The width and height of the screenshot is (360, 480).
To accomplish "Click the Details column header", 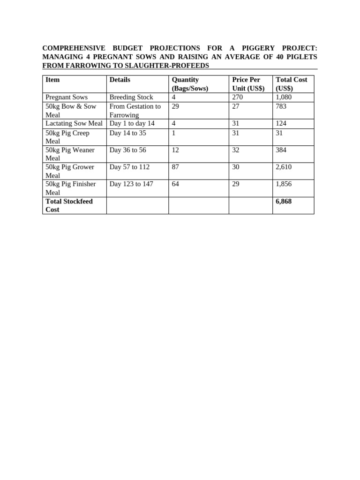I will [120, 80].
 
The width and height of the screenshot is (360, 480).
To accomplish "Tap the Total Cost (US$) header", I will [291, 84].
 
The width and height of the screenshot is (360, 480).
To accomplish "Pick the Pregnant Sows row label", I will [67, 97].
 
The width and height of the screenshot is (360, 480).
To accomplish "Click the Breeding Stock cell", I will [131, 97].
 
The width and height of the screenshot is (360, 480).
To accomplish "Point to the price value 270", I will [238, 97].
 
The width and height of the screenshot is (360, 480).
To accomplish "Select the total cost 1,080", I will [284, 97].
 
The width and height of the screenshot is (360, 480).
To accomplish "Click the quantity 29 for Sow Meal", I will [175, 106].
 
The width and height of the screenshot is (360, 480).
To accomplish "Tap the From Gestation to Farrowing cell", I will [135, 111].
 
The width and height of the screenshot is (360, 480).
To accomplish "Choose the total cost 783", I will [281, 106].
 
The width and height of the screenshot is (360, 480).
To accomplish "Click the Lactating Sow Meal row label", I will [74, 124].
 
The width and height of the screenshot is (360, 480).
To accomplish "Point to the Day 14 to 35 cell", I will [127, 133].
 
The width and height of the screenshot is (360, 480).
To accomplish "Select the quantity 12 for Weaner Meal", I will [175, 150].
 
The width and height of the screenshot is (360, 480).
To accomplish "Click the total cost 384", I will [281, 150].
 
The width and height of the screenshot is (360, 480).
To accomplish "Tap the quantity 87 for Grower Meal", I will [175, 167].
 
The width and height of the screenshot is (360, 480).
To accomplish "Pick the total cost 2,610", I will [284, 167].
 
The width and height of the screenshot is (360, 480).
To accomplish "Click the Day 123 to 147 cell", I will [131, 184].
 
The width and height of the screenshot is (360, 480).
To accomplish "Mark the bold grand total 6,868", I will [284, 201].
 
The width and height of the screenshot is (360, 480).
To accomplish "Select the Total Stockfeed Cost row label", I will [69, 205].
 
